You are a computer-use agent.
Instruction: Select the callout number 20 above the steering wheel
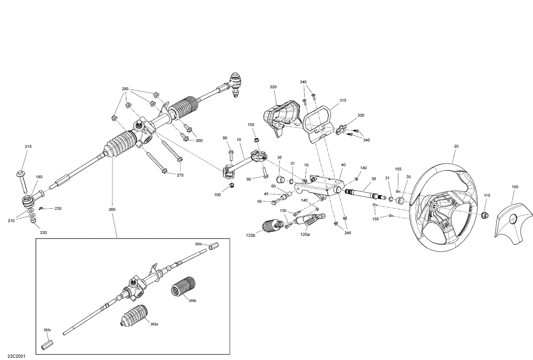pyautogui.click(x=456, y=146)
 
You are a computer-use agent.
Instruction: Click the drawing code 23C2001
pyautogui.click(x=16, y=355)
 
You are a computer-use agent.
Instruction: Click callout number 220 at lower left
pyautogui.click(x=43, y=233)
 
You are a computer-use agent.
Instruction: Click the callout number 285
pyautogui.click(x=125, y=89)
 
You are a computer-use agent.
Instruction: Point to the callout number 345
pyautogui.click(x=303, y=82)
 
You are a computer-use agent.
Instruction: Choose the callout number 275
pyautogui.click(x=181, y=175)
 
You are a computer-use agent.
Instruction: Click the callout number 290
pyautogui.click(x=199, y=141)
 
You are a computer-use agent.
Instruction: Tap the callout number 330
pyautogui.click(x=361, y=115)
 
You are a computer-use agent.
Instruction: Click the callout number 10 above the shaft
pyautogui.click(x=239, y=140)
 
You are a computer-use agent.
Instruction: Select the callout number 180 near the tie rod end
pyautogui.click(x=39, y=176)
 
